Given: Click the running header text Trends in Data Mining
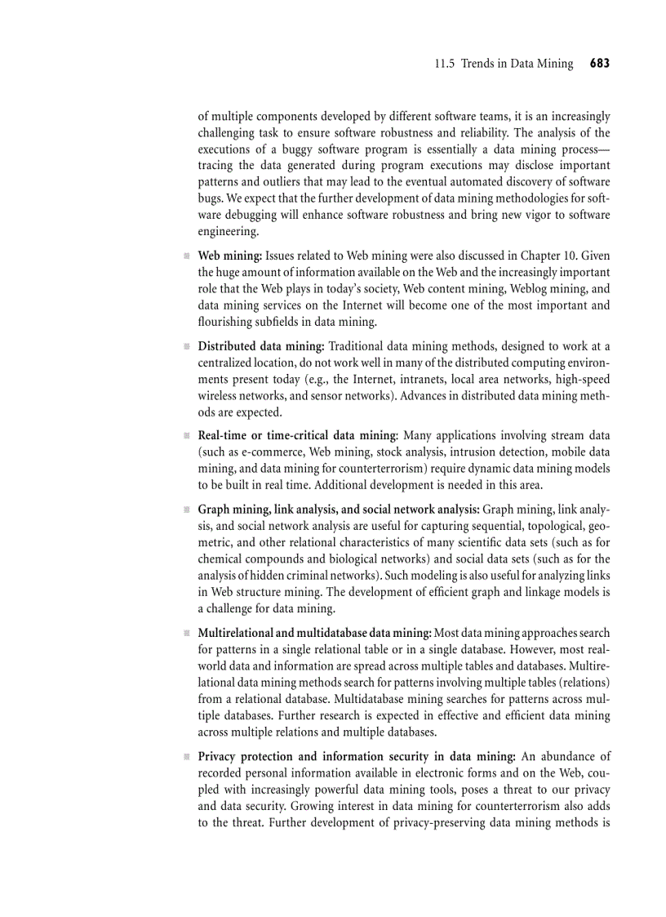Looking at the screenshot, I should (517, 64).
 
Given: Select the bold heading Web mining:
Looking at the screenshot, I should (230, 256).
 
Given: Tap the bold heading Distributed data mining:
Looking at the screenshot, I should (261, 346).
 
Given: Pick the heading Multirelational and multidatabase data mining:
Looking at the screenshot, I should (315, 633).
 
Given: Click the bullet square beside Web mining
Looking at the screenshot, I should (187, 256).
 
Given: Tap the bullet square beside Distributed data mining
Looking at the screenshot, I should (187, 346).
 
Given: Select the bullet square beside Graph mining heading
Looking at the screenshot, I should (187, 510).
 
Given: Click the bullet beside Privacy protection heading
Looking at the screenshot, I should (187, 757).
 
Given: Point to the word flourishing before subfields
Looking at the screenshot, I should (228, 322).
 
